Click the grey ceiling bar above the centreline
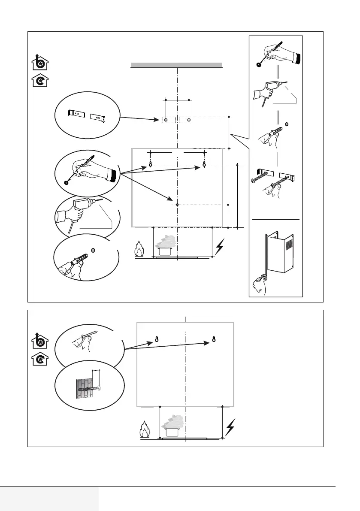pyautogui.click(x=176, y=65)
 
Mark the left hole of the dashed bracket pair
pyautogui.click(x=166, y=120)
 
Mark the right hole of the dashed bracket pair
pyautogui.click(x=190, y=120)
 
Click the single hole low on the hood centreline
pyautogui.click(x=177, y=205)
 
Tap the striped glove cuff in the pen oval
pyautogui.click(x=113, y=175)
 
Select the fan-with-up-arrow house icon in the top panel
pyautogui.click(x=40, y=63)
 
